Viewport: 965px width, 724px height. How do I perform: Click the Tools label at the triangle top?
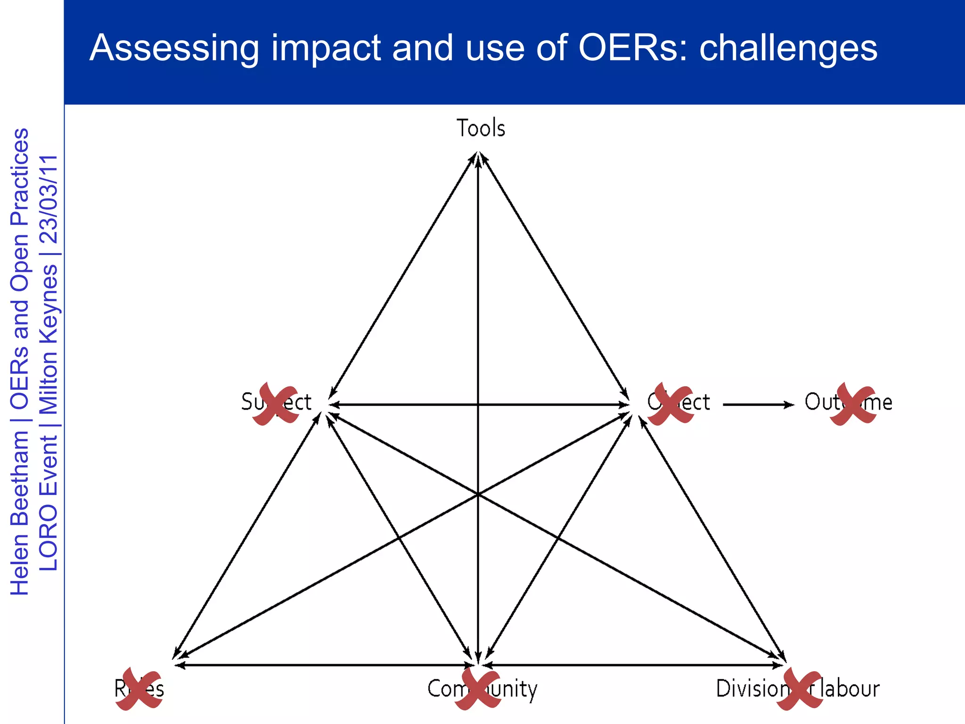click(481, 128)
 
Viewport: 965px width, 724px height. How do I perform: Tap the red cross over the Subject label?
click(276, 404)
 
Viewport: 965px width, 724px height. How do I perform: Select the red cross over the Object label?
click(671, 404)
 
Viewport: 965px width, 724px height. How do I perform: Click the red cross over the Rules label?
click(139, 689)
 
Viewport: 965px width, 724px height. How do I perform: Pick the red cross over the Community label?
click(478, 689)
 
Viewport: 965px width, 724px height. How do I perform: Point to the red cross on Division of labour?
click(800, 689)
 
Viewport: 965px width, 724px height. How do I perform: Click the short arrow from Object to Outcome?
click(758, 404)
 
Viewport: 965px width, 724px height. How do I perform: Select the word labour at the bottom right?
click(850, 689)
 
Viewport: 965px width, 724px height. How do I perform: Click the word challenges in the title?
click(788, 48)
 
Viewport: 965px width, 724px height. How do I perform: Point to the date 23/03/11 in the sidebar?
click(49, 199)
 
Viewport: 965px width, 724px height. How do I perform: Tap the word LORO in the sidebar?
click(49, 537)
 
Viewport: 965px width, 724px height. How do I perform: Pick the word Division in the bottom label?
click(752, 689)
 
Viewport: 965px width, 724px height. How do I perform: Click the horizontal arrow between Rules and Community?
click(325, 665)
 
